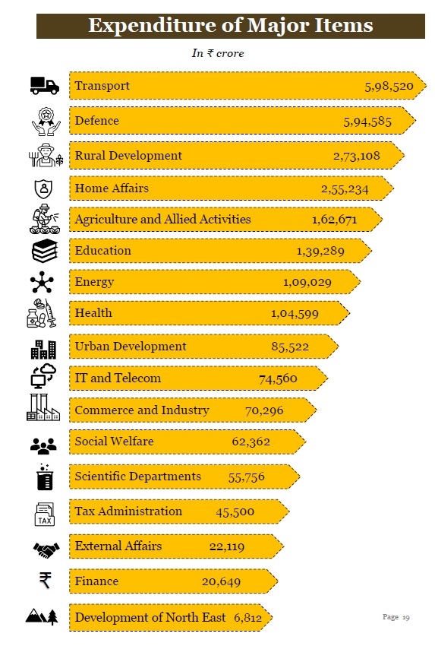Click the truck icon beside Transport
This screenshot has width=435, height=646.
click(44, 86)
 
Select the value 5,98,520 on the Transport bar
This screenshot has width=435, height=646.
click(389, 87)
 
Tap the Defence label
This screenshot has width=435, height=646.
click(96, 121)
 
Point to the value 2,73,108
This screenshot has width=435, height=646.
click(356, 156)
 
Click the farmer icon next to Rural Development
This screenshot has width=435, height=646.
click(44, 156)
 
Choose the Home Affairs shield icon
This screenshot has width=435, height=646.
click(43, 188)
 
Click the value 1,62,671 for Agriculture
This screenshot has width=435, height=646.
click(334, 220)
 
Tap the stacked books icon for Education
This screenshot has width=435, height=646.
click(44, 251)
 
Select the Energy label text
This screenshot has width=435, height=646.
click(94, 282)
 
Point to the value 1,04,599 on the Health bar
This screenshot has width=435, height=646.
click(295, 313)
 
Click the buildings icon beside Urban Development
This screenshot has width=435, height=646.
click(43, 348)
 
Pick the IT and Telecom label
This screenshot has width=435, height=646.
click(118, 378)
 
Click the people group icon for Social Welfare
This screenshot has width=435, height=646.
click(43, 445)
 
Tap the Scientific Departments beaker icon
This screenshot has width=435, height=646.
click(43, 477)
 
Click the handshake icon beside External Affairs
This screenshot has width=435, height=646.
click(45, 548)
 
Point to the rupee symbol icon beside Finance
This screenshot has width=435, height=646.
click(45, 581)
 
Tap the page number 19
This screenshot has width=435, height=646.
click(396, 617)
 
